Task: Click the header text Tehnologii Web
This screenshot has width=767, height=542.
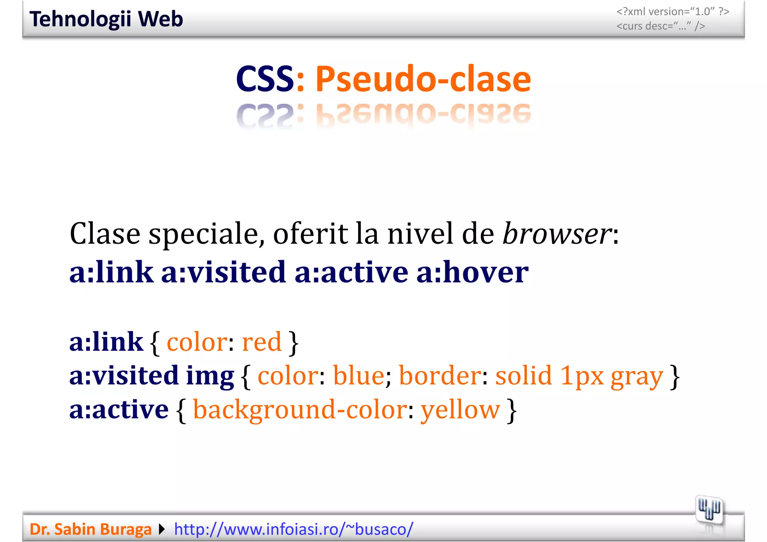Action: tap(106, 19)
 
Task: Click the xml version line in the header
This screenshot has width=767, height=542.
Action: tap(673, 12)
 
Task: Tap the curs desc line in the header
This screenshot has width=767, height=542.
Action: tap(661, 26)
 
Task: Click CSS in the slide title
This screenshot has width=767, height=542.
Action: tap(264, 79)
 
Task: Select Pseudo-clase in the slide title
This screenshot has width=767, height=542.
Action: tap(423, 79)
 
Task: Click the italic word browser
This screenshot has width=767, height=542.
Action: tap(557, 234)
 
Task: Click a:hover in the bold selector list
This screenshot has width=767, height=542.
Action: tap(472, 272)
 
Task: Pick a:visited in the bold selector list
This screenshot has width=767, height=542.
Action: tap(224, 272)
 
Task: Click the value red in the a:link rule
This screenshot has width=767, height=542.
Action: tap(262, 342)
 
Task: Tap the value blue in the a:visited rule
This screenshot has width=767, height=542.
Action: tap(358, 375)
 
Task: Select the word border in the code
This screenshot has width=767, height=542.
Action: tap(440, 375)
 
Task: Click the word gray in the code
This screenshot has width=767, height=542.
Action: tap(637, 376)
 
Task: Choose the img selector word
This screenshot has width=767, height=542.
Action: tap(210, 376)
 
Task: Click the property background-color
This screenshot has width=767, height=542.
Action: tap(300, 410)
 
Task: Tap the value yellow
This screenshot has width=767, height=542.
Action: tap(460, 410)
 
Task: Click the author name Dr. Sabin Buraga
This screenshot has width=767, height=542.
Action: tap(90, 529)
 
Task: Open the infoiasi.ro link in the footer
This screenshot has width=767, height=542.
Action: tap(294, 529)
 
